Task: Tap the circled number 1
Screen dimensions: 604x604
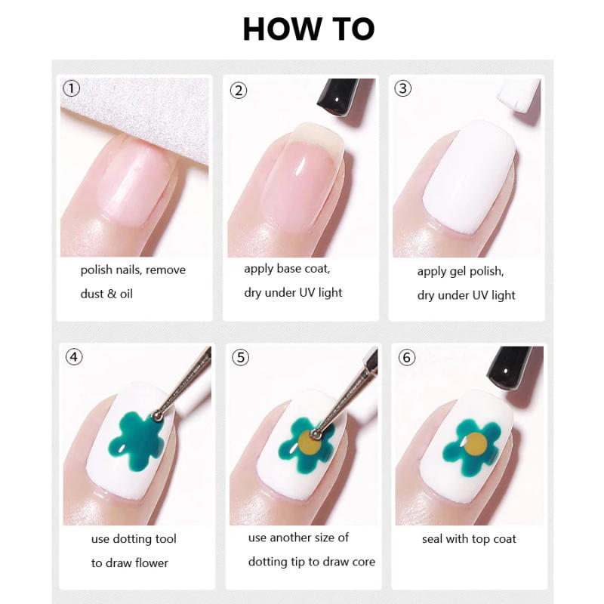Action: [x=71, y=88]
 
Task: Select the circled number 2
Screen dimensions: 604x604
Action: [x=239, y=91]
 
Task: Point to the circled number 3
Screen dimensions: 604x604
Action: [x=403, y=88]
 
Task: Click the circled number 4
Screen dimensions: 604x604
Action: [x=74, y=357]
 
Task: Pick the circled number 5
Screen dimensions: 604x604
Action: [x=240, y=357]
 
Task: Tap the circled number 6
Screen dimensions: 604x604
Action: [x=407, y=357]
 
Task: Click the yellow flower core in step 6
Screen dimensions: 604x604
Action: [x=474, y=445]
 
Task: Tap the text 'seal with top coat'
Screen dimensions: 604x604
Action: [x=469, y=539]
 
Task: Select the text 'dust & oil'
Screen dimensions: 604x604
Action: [x=106, y=294]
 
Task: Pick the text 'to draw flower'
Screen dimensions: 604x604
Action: [x=130, y=562]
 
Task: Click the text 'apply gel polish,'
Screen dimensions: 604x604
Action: [x=461, y=271]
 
